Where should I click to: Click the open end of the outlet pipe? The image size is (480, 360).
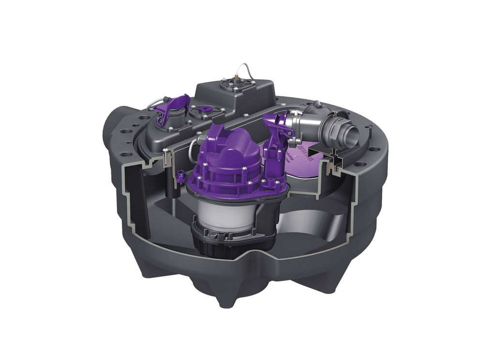pyautogui.click(x=350, y=132)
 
